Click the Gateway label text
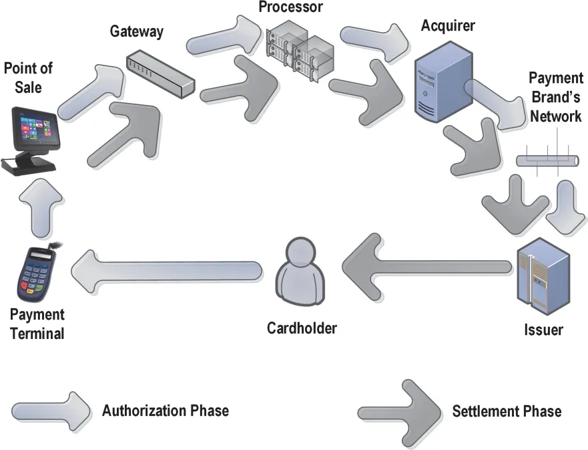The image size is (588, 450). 136,31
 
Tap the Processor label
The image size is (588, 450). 292,7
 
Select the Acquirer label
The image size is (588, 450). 448,26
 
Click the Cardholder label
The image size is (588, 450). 302,328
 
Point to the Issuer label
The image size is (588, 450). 543,330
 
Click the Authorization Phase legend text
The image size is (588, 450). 165,411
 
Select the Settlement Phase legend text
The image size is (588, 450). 507,411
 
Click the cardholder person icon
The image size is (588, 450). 302,275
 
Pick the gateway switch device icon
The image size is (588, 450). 160,74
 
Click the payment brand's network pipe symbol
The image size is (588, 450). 547,160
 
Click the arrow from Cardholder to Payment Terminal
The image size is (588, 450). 167,270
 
